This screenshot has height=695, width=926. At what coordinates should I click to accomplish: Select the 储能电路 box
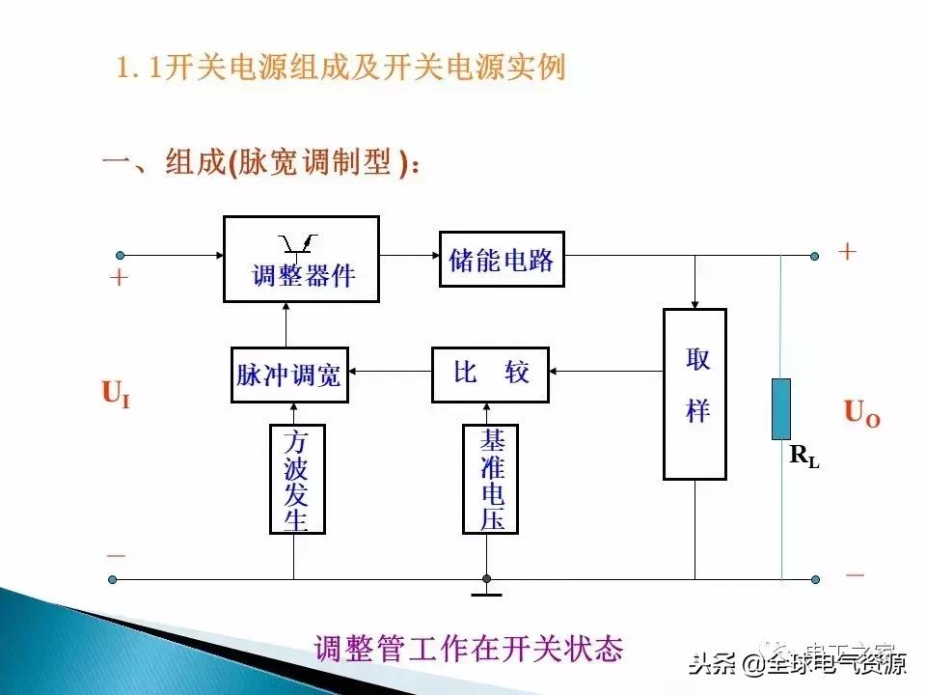[x=502, y=259]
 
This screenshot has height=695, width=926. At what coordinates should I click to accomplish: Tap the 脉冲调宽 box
[x=288, y=374]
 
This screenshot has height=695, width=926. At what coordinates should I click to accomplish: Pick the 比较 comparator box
[x=490, y=374]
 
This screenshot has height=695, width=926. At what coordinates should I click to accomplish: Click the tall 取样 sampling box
[x=694, y=394]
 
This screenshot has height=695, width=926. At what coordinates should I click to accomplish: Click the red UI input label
[x=115, y=393]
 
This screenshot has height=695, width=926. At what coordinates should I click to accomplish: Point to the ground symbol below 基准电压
[x=486, y=589]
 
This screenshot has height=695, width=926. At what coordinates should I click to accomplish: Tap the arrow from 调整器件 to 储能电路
[x=408, y=257]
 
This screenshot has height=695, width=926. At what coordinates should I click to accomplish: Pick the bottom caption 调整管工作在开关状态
[x=469, y=648]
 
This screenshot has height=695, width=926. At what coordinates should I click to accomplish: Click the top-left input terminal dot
[x=121, y=256]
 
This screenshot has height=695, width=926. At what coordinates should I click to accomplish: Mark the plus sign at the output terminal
[x=847, y=252]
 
